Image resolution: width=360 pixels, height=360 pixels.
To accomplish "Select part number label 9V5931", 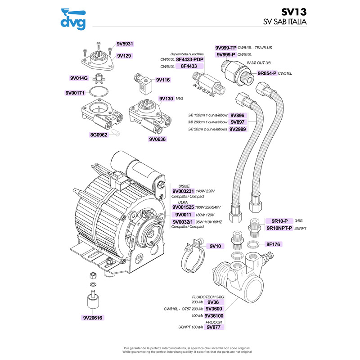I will (x=125, y=44).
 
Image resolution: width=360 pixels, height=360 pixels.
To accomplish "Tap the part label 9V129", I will (x=124, y=56).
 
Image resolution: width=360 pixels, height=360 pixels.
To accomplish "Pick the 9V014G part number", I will (x=79, y=78).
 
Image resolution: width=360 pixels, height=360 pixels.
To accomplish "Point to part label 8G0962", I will (x=98, y=135).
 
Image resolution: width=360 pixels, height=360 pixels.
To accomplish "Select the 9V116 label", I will (x=162, y=80).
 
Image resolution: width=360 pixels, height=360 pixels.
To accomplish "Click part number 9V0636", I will (x=158, y=139).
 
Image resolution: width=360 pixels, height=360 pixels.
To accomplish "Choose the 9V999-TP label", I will (x=225, y=48).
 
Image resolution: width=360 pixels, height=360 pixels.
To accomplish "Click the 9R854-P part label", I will (x=267, y=73).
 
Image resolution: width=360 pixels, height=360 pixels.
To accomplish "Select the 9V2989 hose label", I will (x=238, y=129).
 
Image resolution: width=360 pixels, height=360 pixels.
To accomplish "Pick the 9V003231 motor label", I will (x=183, y=191).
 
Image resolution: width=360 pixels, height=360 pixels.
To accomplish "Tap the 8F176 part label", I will (x=273, y=244).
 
